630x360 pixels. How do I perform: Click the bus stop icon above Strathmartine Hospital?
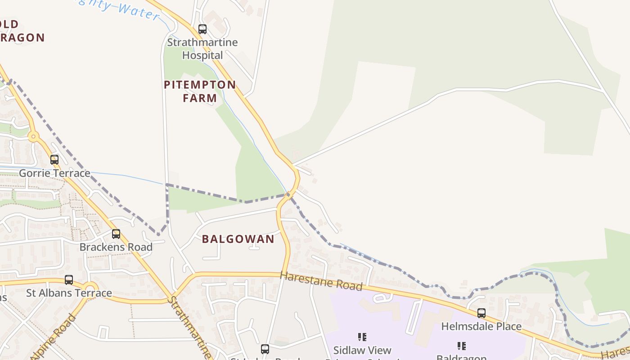(202, 29)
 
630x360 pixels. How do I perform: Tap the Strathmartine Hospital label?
(202, 49)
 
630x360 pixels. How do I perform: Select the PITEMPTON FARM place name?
(200, 91)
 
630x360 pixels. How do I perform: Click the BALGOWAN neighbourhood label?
(238, 239)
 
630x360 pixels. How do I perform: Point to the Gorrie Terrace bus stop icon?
(54, 160)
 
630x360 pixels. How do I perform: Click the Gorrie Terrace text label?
(54, 173)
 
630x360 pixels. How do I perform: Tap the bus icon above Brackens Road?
(116, 234)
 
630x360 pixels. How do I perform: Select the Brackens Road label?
(116, 247)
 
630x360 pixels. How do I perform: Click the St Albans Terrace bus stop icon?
(69, 280)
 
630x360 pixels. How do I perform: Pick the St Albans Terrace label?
(69, 293)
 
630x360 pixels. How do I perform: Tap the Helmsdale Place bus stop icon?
(481, 313)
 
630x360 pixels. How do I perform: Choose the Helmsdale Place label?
(481, 326)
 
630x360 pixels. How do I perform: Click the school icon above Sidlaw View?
(362, 337)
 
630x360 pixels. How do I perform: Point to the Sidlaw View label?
(362, 350)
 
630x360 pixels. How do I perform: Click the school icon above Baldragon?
(461, 346)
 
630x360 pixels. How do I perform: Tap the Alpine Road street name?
(53, 337)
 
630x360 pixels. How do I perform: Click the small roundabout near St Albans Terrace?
(90, 288)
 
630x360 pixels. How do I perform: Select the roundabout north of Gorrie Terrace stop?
(32, 136)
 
